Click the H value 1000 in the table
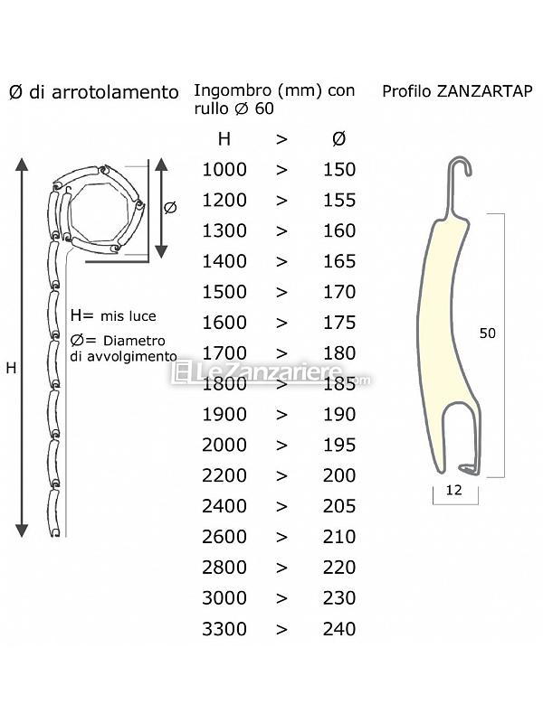coord(224,170)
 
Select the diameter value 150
coord(339,170)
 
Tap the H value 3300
coord(224,629)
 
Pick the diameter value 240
coord(339,629)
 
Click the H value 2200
coord(224,475)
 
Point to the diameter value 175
coord(339,323)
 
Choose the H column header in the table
coord(224,139)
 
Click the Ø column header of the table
coord(338,139)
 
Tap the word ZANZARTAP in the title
coord(484,91)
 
